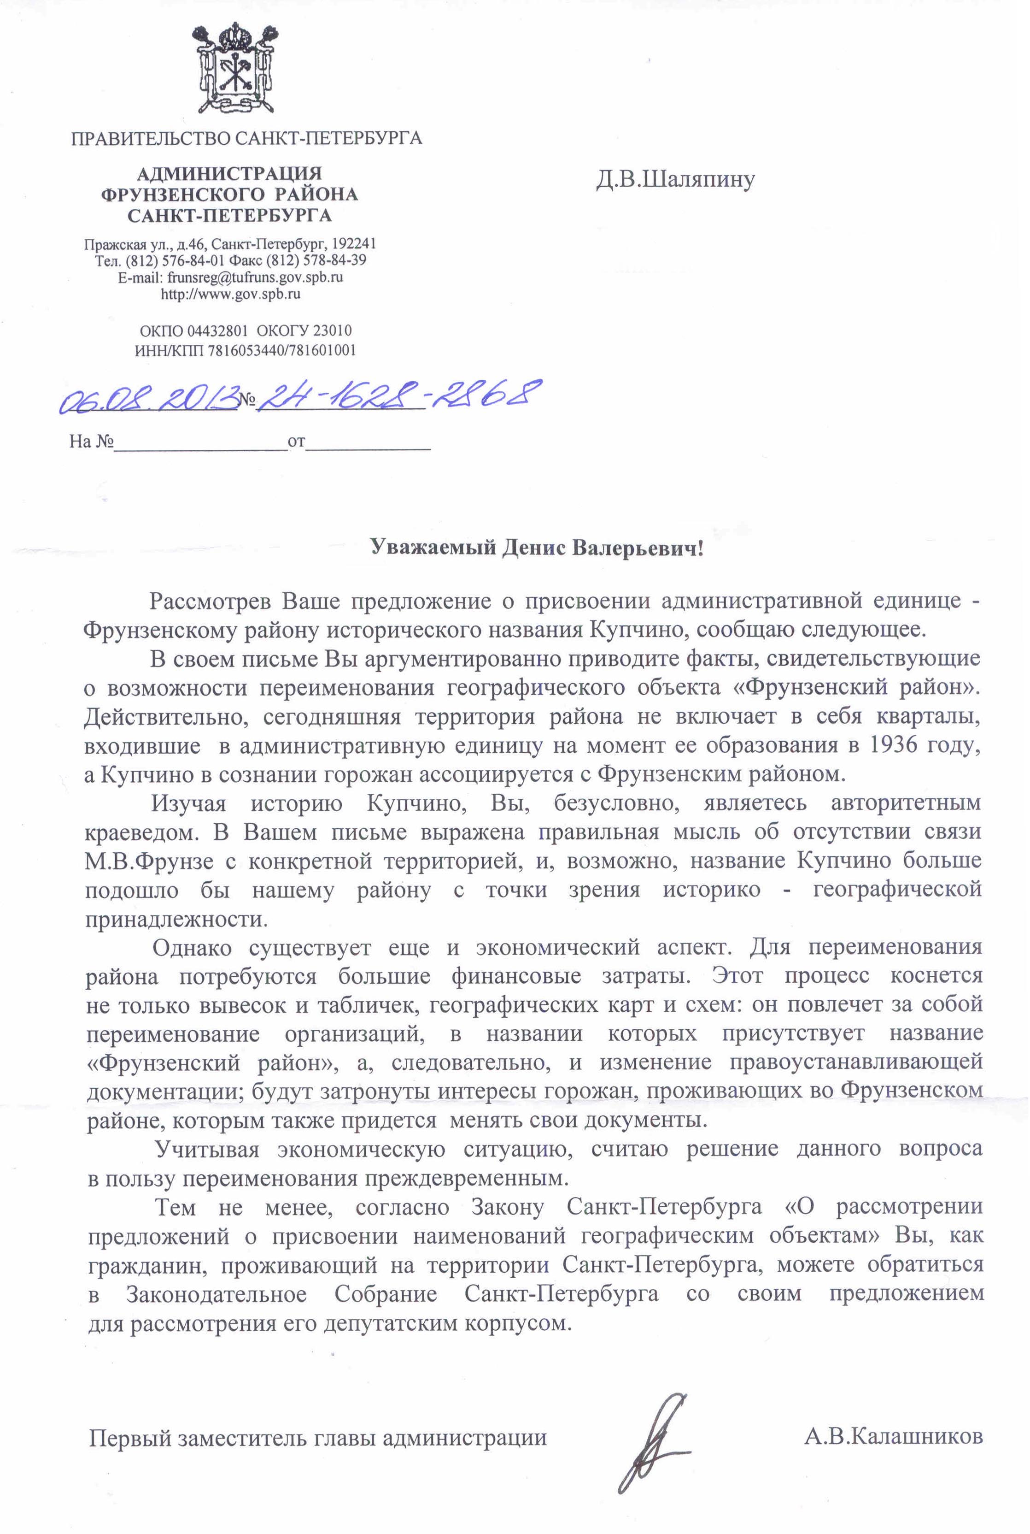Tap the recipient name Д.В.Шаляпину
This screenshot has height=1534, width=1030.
click(675, 179)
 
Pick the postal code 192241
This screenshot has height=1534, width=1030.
click(354, 244)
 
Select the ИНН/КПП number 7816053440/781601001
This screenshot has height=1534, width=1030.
click(282, 350)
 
